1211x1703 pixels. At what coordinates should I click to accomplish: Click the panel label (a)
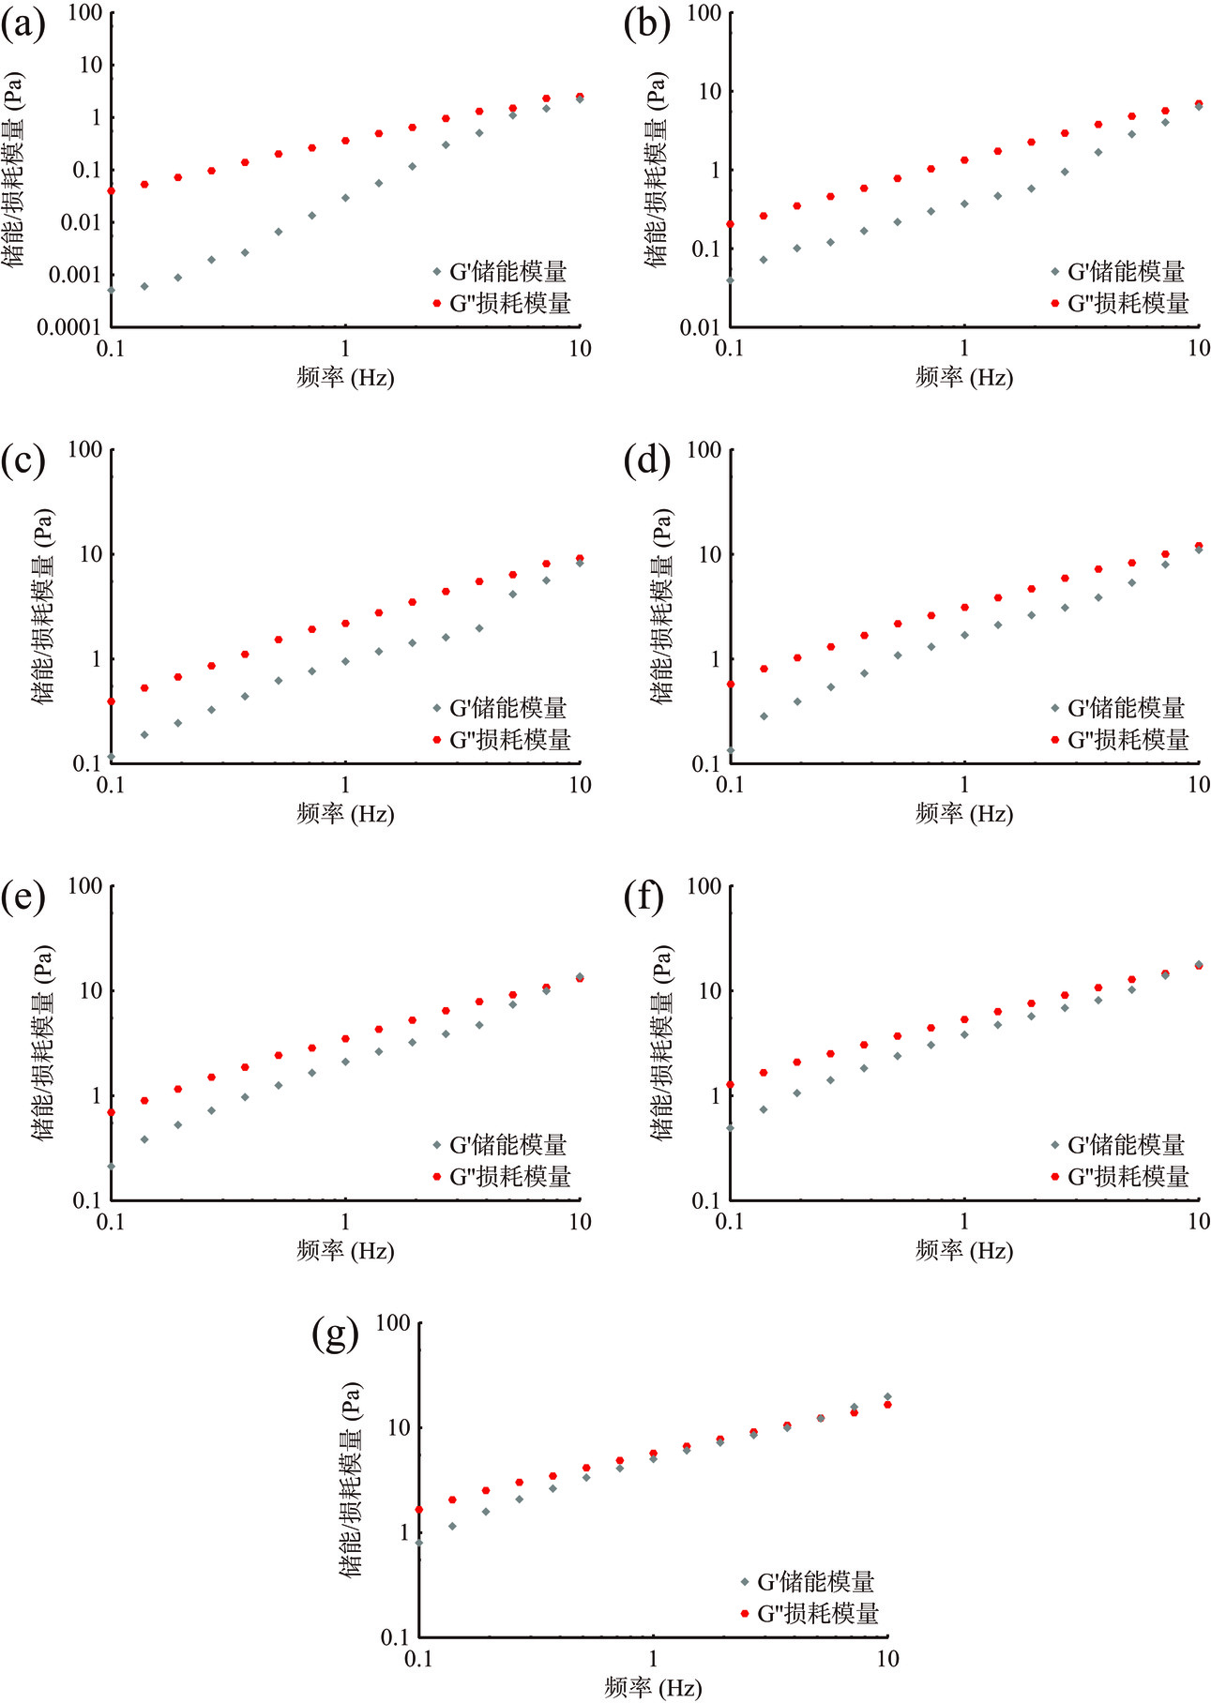click(x=23, y=24)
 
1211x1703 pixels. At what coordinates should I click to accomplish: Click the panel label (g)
click(x=335, y=1334)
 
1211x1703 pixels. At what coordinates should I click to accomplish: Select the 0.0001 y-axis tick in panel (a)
click(x=68, y=327)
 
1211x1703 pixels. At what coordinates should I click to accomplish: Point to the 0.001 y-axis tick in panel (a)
click(x=74, y=275)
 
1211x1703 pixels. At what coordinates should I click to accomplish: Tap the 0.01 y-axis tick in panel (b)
click(x=699, y=327)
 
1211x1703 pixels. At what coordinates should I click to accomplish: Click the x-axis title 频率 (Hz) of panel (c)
click(x=345, y=813)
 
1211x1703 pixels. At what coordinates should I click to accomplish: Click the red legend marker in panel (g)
click(x=744, y=1613)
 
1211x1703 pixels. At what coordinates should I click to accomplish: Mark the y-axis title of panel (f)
click(x=662, y=1043)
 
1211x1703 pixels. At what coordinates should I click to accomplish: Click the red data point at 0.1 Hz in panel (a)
click(x=111, y=191)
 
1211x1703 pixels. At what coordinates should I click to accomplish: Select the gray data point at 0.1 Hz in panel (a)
click(x=111, y=290)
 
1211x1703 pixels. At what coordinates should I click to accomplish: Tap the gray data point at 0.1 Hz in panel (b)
click(x=730, y=280)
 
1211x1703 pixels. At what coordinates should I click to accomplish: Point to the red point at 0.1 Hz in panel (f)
click(x=730, y=1085)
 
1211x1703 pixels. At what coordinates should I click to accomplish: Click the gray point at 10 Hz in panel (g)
click(x=887, y=1396)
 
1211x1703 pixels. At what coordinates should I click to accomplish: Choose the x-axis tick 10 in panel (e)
click(x=580, y=1222)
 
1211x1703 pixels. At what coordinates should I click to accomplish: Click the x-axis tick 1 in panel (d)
click(x=964, y=785)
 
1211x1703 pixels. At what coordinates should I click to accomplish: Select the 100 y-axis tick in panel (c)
click(x=85, y=449)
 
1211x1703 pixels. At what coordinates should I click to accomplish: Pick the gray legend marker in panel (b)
click(x=1055, y=272)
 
